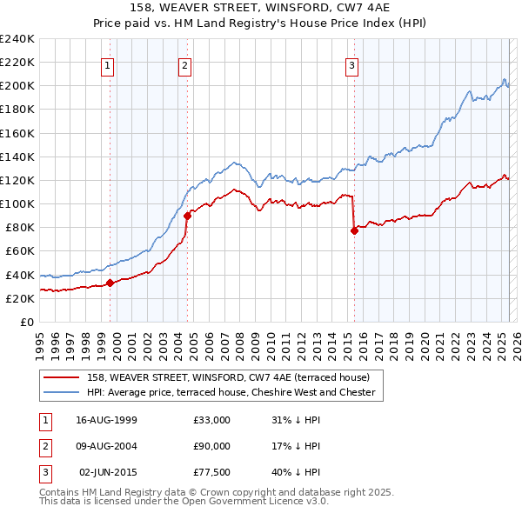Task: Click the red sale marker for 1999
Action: coord(110,283)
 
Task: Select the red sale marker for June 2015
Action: coord(354,230)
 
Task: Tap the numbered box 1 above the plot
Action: coord(107,64)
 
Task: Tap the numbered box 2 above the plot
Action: coord(185,64)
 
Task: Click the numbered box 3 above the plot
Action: coord(351,64)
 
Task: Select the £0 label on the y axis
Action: coord(26,322)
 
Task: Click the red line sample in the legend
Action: coord(60,377)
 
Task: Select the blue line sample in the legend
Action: coord(60,392)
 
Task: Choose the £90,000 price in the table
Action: coord(212,446)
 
